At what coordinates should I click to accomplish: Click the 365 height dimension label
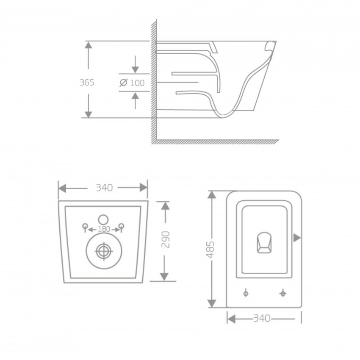tap(87, 83)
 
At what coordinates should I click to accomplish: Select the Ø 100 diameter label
tap(132, 83)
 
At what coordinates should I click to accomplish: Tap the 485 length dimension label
tap(210, 250)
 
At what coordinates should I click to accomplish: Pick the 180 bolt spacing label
tap(103, 229)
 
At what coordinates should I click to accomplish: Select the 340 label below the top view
tap(262, 318)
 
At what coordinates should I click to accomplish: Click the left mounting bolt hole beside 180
tap(85, 226)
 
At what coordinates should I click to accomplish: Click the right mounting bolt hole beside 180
tap(121, 226)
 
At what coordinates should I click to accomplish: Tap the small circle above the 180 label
tap(103, 219)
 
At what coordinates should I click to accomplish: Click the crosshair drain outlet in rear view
tap(103, 251)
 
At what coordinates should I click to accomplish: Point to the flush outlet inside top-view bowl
tap(264, 242)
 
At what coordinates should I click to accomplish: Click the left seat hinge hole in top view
tap(246, 293)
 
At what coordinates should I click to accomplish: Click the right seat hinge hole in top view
tap(282, 293)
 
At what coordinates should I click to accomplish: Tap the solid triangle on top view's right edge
tap(297, 238)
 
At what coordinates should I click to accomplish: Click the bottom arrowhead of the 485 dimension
tap(212, 303)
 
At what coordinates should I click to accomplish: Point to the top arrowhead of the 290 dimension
tap(165, 206)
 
